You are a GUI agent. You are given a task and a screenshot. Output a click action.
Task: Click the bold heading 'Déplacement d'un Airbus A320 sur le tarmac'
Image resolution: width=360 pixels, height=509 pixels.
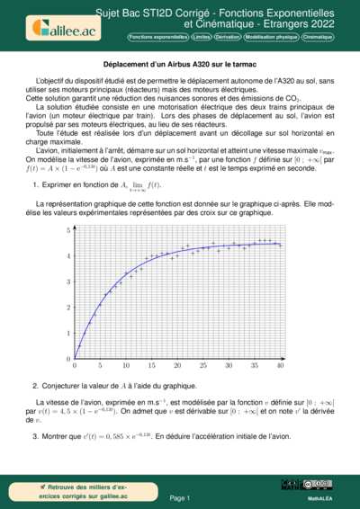click(179, 66)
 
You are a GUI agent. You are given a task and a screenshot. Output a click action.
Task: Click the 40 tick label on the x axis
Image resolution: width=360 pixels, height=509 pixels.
click(281, 366)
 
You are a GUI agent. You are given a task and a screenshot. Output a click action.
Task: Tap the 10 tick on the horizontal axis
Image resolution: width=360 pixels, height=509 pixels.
click(126, 366)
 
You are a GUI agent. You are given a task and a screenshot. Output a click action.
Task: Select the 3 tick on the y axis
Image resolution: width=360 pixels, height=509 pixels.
click(67, 281)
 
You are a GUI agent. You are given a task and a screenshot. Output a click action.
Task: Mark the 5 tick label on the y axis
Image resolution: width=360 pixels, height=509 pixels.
click(67, 230)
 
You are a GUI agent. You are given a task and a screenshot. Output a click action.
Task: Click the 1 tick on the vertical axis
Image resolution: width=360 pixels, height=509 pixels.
click(67, 334)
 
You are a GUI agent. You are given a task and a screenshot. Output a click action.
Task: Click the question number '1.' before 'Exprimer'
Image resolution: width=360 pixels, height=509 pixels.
click(34, 184)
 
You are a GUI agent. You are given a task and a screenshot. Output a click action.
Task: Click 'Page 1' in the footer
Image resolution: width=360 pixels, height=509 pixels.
click(179, 496)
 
